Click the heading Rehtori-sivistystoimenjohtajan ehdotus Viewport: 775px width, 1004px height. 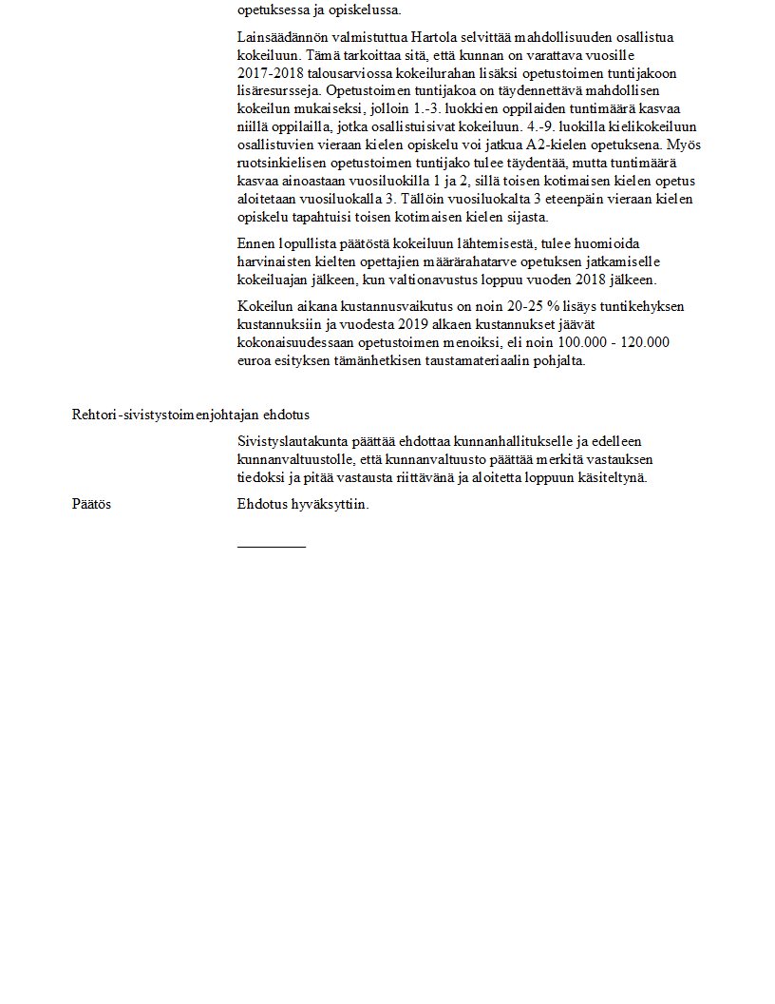(x=190, y=415)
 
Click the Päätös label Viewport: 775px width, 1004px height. (x=91, y=504)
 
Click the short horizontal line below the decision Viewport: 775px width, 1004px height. (x=272, y=547)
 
